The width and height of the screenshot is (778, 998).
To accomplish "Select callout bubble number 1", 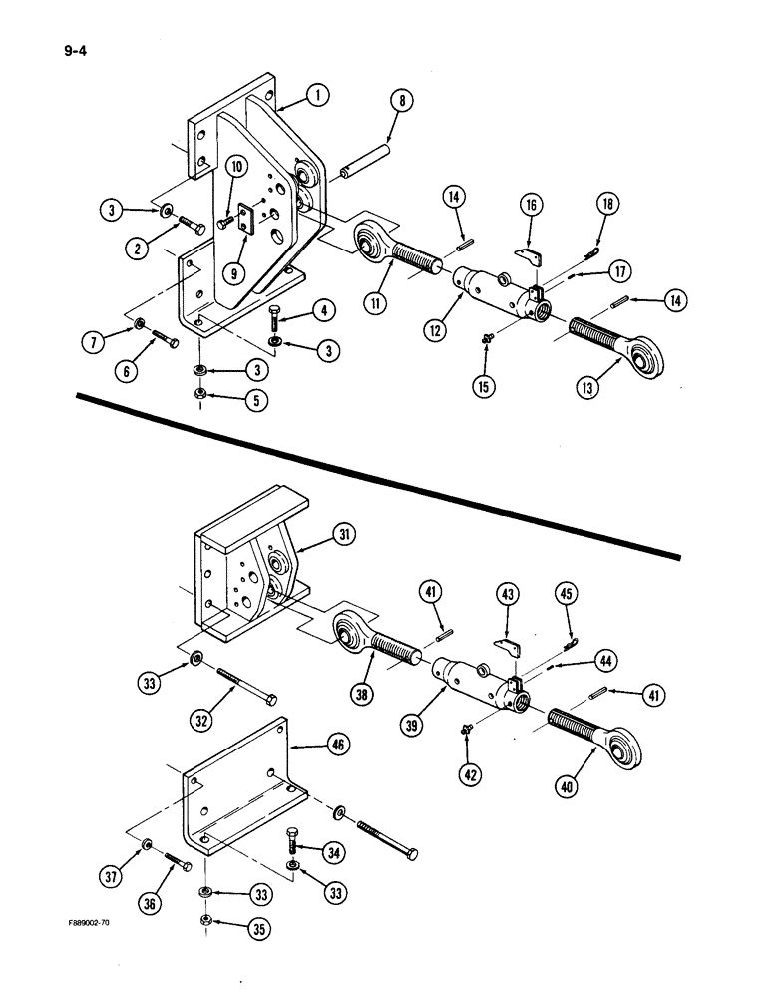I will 317,96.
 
